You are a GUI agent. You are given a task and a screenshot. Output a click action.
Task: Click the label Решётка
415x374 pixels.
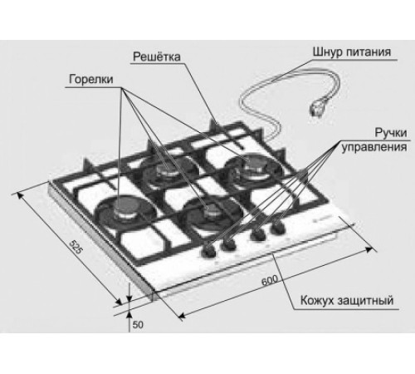click(x=157, y=57)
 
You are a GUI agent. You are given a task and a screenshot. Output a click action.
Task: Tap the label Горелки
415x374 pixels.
click(x=91, y=79)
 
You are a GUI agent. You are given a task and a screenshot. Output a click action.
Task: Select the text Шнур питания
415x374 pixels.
click(x=352, y=52)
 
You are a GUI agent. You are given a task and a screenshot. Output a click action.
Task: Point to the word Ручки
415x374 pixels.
click(x=391, y=133)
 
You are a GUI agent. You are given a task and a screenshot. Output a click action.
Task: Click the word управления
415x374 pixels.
click(x=374, y=147)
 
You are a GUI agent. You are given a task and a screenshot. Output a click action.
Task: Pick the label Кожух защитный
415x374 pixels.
click(x=347, y=300)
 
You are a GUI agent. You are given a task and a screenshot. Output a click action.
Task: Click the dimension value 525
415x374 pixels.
click(x=76, y=247)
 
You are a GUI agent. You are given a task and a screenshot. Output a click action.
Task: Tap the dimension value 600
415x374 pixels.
click(x=270, y=280)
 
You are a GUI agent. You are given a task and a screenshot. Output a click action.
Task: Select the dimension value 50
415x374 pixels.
click(x=138, y=325)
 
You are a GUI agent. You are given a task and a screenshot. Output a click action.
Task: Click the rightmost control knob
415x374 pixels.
click(x=278, y=228)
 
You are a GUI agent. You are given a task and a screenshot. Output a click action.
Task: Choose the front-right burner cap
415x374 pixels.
click(x=212, y=211)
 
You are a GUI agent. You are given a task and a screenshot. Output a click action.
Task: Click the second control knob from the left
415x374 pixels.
click(x=229, y=243)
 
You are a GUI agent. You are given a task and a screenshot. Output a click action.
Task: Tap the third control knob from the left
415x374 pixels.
click(x=258, y=235)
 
